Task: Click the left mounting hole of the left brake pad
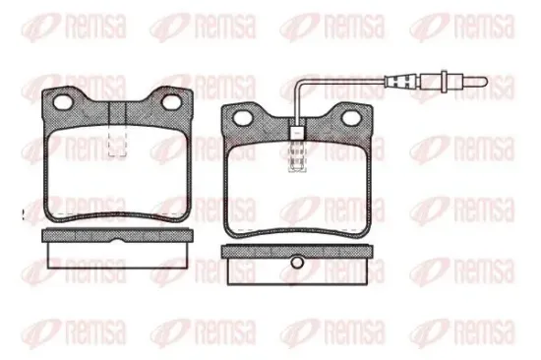[64, 103]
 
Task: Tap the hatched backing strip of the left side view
[79, 236]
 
